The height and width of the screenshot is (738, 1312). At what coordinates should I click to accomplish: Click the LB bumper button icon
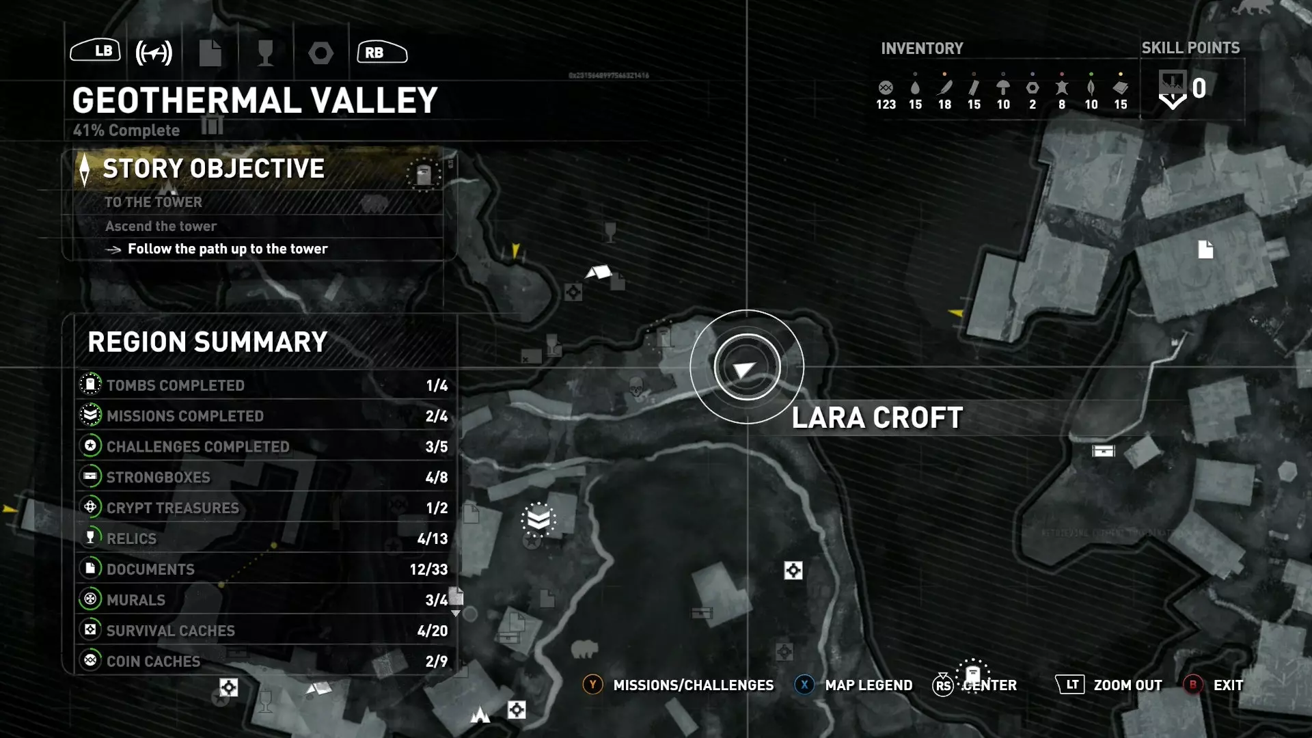96,51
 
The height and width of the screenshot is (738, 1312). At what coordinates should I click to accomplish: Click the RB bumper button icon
382,52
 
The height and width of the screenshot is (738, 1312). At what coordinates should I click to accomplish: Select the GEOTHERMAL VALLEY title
255,100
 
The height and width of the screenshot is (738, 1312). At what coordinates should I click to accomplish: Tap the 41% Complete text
126,131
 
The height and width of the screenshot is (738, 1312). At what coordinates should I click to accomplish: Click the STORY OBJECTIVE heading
213,169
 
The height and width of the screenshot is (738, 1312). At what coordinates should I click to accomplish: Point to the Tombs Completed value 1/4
437,385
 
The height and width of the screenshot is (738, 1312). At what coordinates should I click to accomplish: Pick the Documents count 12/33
428,569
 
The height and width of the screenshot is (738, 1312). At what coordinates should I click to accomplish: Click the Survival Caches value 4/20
433,631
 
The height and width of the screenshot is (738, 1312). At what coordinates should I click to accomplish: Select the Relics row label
131,539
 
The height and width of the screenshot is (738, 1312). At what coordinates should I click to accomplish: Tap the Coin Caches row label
153,661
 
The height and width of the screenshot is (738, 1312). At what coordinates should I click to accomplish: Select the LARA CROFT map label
877,418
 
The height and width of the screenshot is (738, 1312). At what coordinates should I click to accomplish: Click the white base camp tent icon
599,273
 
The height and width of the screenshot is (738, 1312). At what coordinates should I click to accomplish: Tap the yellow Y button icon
592,685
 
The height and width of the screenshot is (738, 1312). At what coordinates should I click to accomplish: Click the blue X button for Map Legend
804,685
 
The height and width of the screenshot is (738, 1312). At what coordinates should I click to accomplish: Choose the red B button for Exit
1193,685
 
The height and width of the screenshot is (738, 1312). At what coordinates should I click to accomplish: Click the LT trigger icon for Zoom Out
1070,685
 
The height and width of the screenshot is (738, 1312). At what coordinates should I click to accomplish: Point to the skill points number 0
1199,88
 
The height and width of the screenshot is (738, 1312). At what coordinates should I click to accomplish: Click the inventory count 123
886,105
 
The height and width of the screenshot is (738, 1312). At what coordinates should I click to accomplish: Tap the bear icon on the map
584,648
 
